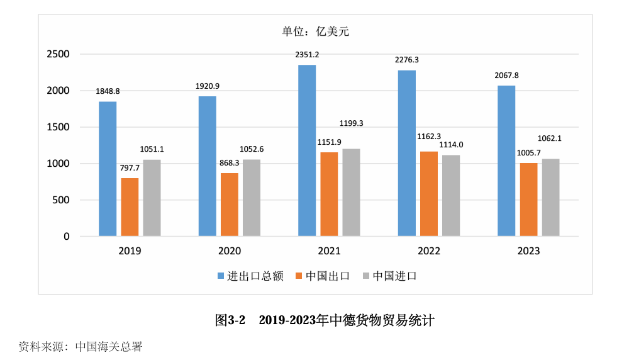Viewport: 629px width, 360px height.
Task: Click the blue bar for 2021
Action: pyautogui.click(x=307, y=151)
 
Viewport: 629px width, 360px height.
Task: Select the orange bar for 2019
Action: pyautogui.click(x=130, y=208)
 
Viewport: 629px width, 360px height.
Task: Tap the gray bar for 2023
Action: pyautogui.click(x=550, y=198)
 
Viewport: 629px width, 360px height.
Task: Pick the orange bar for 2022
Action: pyautogui.click(x=429, y=194)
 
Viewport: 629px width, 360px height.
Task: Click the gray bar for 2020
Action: pyautogui.click(x=252, y=198)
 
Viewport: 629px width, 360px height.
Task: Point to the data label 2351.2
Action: pyautogui.click(x=307, y=55)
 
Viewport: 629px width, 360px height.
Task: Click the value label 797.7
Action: pyautogui.click(x=130, y=168)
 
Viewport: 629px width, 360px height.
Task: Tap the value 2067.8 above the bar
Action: pyautogui.click(x=506, y=76)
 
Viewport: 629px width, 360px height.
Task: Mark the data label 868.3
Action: pyautogui.click(x=229, y=163)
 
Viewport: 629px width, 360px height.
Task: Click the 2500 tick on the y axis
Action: pyautogui.click(x=58, y=55)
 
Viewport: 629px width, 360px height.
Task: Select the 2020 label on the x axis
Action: pyautogui.click(x=229, y=251)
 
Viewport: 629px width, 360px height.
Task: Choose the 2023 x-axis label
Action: pyautogui.click(x=528, y=251)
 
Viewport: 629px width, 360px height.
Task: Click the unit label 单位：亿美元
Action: pyautogui.click(x=315, y=31)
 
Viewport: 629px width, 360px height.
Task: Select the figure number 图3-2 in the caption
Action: pyautogui.click(x=230, y=320)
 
